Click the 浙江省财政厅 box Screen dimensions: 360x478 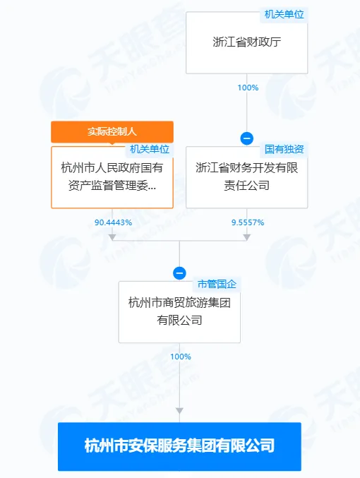[246, 42]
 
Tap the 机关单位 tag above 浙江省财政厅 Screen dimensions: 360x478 [284, 14]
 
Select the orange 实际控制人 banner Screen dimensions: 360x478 [112, 132]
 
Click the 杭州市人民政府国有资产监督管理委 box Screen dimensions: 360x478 [112, 177]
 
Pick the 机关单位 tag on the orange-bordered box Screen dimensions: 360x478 [150, 149]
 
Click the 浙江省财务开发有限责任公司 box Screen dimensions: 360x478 [246, 177]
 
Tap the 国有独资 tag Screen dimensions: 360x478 [284, 149]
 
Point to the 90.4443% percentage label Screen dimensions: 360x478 [113, 222]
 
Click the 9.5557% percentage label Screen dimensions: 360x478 [248, 222]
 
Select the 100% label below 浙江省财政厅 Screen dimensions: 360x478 [248, 88]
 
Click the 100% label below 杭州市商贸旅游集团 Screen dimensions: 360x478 [181, 357]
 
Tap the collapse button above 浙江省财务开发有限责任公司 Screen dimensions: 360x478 [246, 138]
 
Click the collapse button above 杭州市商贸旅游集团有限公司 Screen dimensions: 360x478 [179, 273]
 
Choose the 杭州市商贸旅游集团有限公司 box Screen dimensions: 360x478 [179, 312]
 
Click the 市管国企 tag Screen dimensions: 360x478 [217, 284]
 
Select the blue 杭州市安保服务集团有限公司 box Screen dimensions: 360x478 [179, 446]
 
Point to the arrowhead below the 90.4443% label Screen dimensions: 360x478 [112, 237]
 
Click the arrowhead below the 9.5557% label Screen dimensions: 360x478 [246, 237]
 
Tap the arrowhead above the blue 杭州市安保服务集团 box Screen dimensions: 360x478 [179, 411]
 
